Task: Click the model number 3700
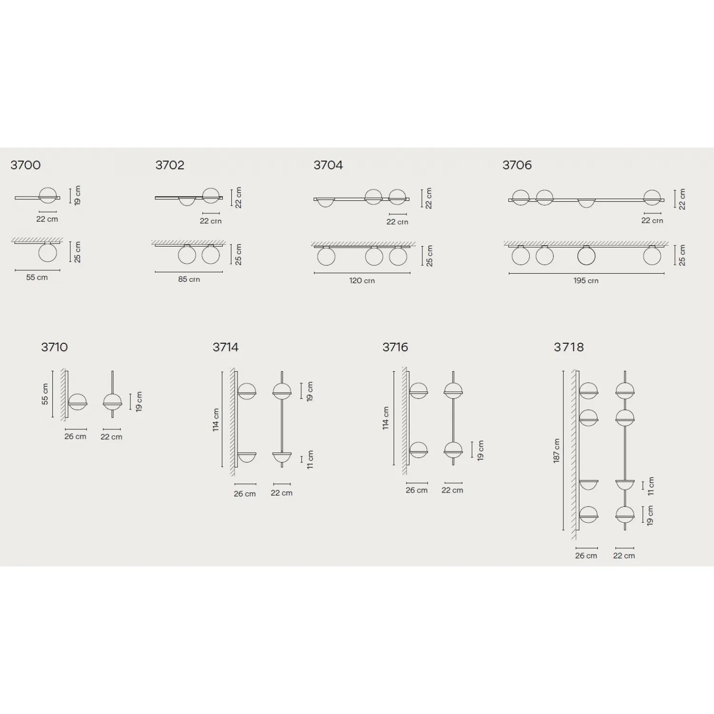click(x=26, y=165)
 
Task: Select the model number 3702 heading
click(x=170, y=165)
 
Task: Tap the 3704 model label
click(x=328, y=165)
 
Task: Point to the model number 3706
click(x=517, y=165)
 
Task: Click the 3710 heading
click(x=54, y=347)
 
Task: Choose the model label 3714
click(x=226, y=347)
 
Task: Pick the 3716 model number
click(x=396, y=347)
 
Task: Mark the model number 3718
click(x=569, y=347)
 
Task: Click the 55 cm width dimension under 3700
click(x=37, y=278)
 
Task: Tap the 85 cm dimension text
click(x=189, y=279)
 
